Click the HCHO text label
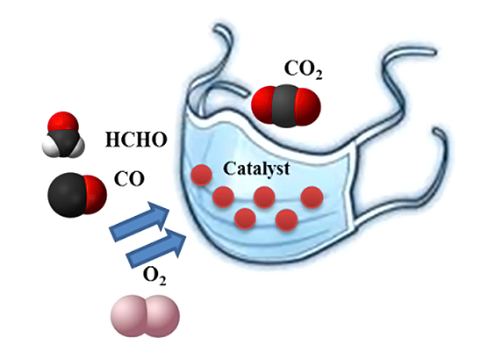136,140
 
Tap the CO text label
129,179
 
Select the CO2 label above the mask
303,69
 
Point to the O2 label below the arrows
154,276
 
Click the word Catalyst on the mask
256,169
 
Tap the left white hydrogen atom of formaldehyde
49,147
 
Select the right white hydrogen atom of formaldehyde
78,148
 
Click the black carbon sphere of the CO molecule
68,195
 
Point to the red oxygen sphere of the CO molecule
95,194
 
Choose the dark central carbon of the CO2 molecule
285,106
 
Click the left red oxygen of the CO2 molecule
263,104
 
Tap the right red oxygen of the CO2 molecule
308,105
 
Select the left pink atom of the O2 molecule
128,316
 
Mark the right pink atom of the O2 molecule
162,316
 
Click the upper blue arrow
140,221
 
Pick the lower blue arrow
156,248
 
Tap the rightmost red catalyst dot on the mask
312,198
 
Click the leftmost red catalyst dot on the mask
202,176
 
